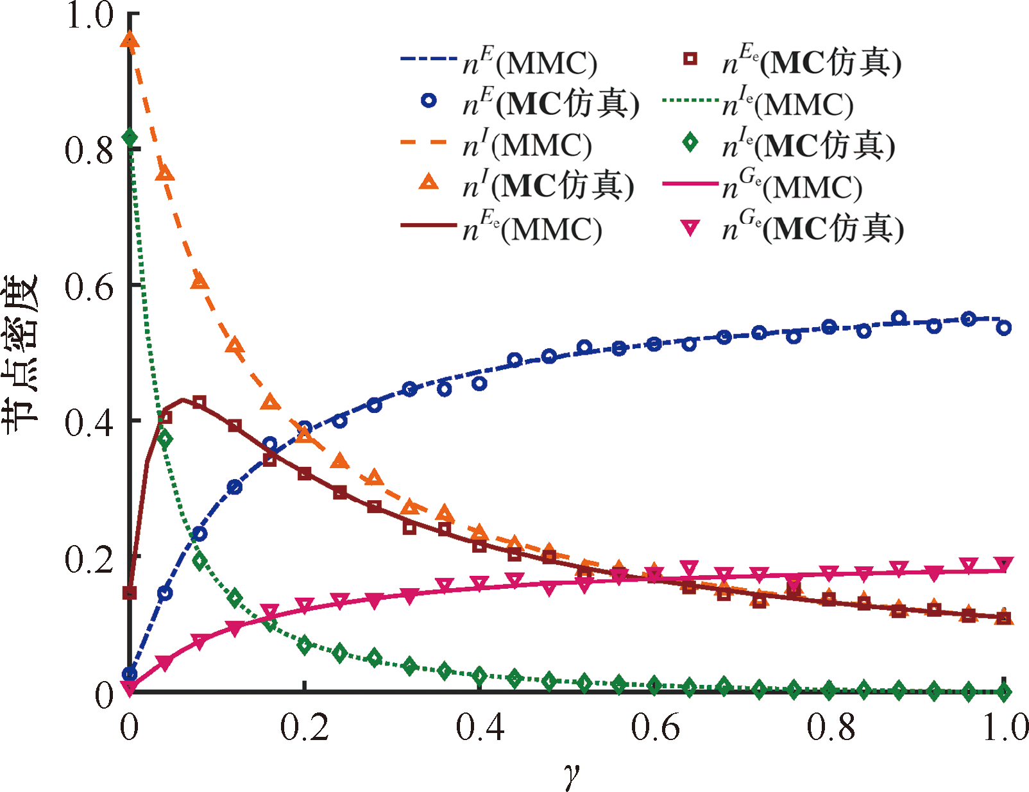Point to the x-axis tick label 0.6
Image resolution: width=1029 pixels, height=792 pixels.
[655, 727]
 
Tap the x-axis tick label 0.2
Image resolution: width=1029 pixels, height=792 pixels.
[304, 727]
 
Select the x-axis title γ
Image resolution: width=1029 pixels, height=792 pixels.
[570, 773]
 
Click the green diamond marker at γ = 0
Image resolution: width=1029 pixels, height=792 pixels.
[130, 138]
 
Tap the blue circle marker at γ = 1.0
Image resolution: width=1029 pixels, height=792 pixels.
[1004, 328]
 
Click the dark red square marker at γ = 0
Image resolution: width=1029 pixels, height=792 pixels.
[130, 593]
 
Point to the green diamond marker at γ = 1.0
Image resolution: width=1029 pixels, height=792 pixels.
[1005, 692]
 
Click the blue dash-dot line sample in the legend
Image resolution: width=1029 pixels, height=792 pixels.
[429, 59]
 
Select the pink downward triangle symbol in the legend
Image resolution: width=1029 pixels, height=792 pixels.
[690, 228]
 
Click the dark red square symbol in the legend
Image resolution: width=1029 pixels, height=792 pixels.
[690, 59]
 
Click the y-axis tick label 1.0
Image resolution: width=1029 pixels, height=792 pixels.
[90, 15]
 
